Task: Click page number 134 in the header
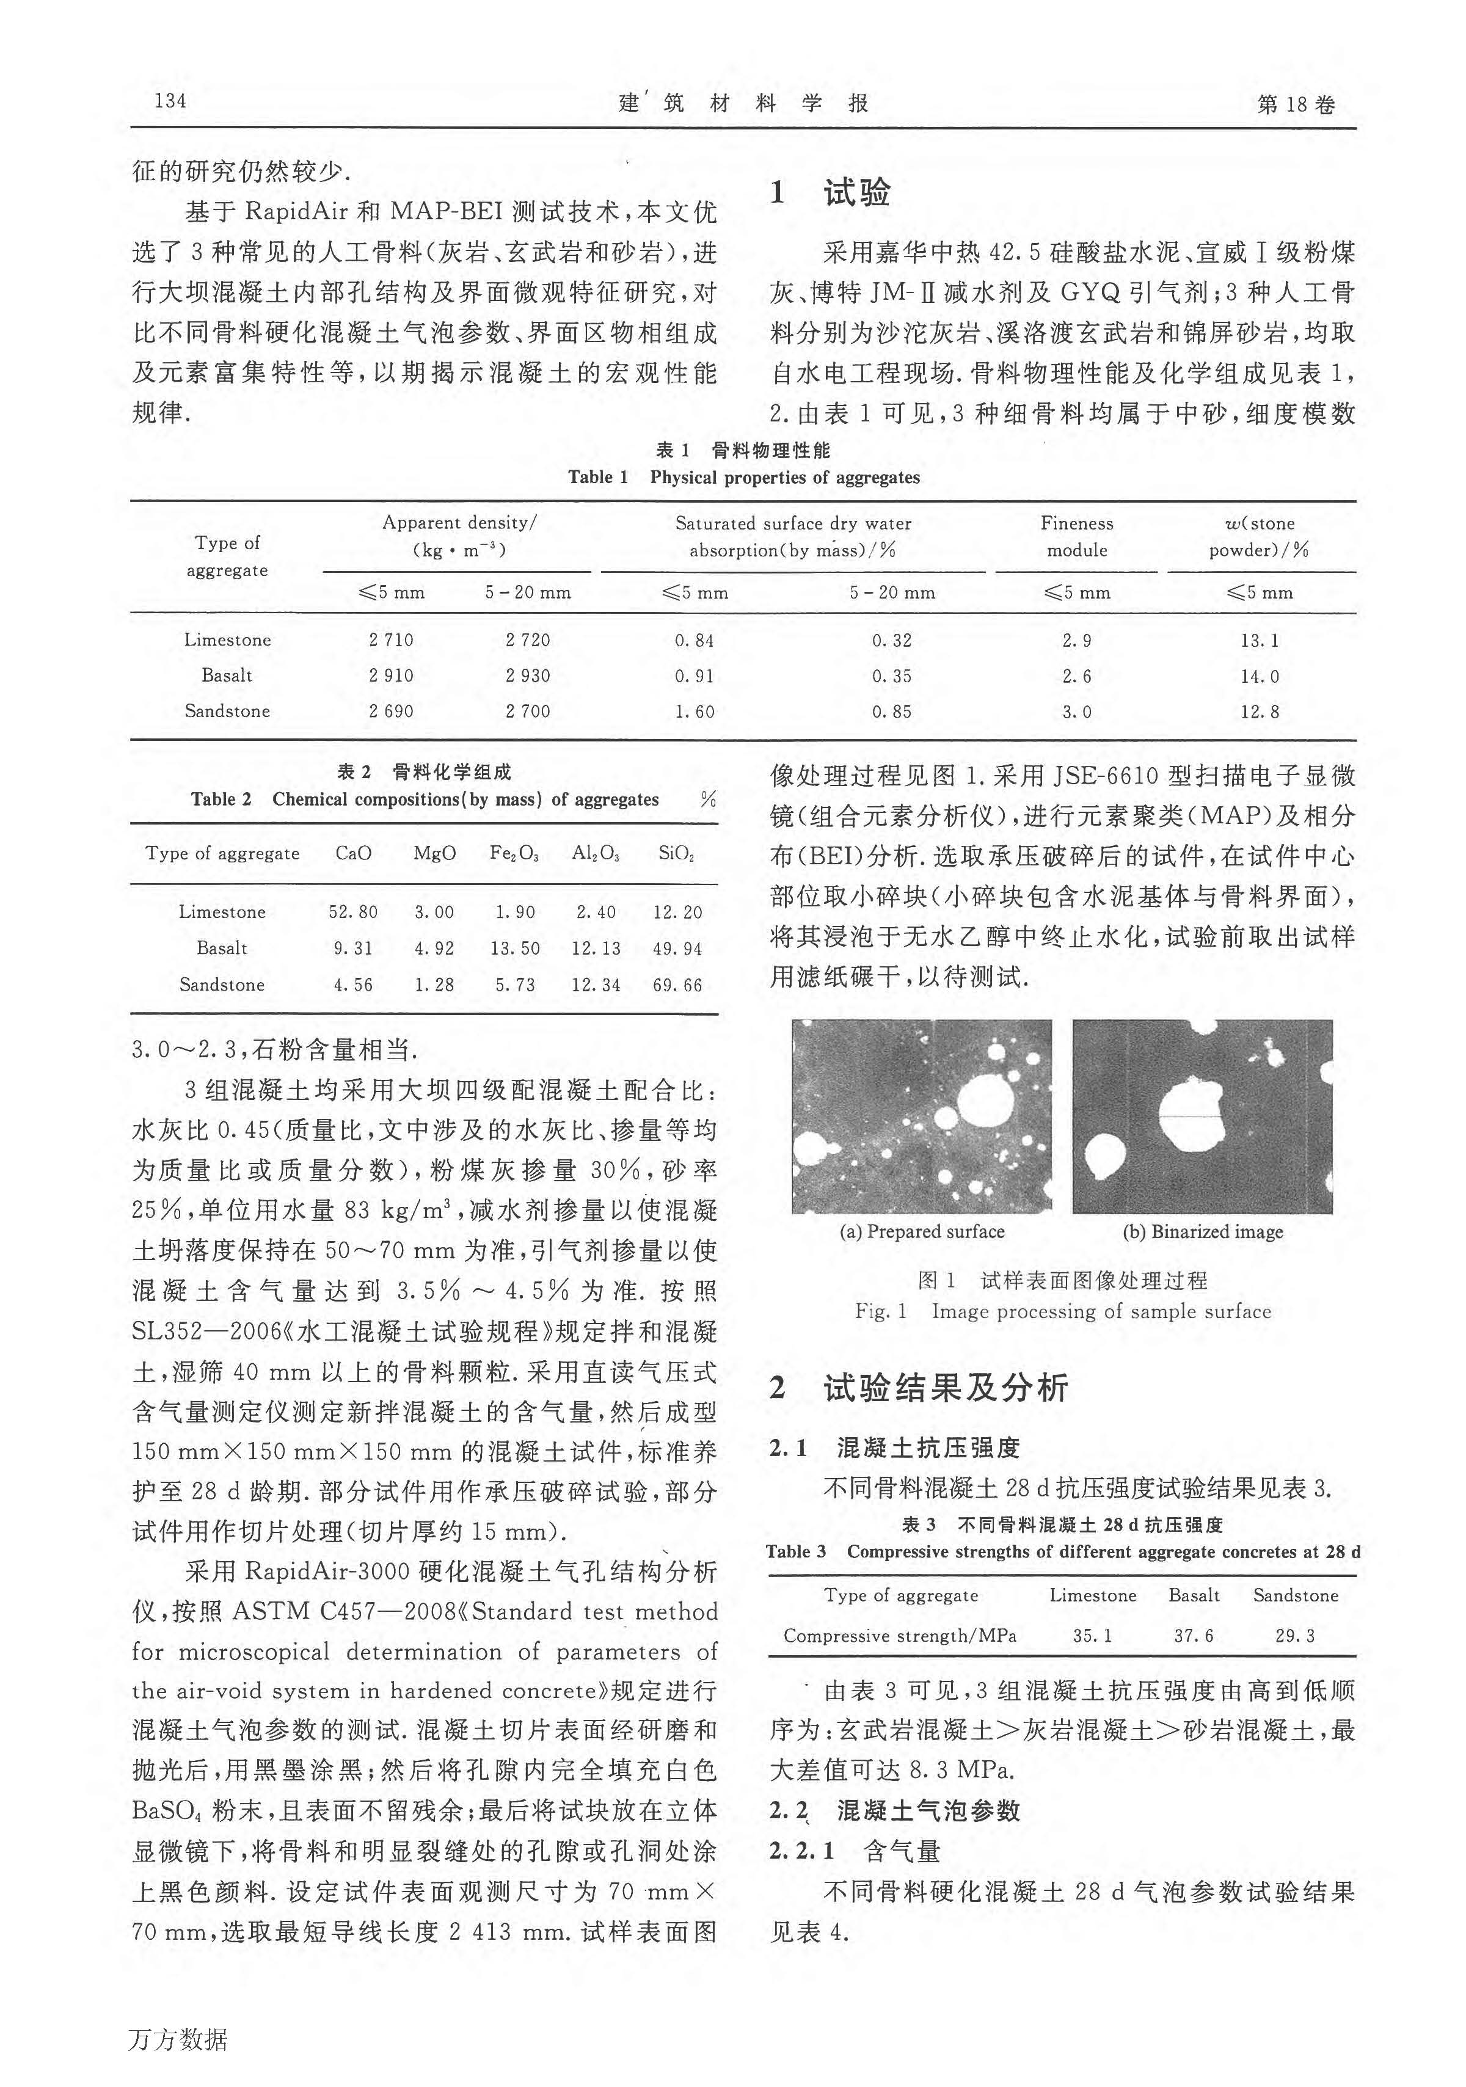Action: (171, 101)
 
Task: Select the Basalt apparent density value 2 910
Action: (391, 676)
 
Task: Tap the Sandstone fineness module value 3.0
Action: (1076, 712)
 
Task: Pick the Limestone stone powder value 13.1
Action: (1259, 640)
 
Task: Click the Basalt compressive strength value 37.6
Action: (1194, 1635)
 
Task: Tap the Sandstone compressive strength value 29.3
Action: (1294, 1635)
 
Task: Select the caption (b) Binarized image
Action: (1203, 1232)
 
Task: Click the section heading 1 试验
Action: (831, 193)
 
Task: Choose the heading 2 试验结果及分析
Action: (919, 1387)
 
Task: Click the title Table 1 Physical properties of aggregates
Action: (743, 477)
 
